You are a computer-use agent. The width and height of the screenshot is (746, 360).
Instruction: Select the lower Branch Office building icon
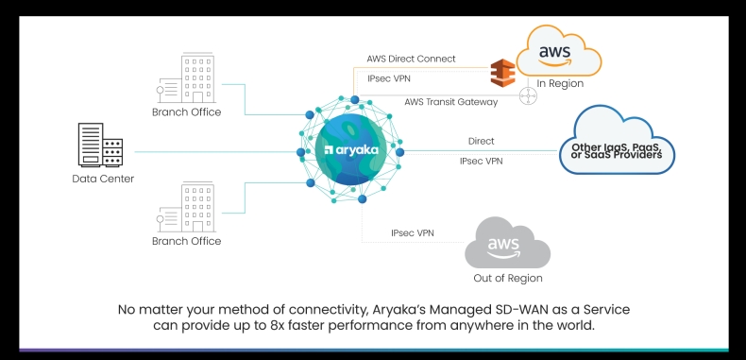[195, 207]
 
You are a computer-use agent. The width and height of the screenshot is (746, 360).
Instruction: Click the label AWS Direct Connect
[411, 59]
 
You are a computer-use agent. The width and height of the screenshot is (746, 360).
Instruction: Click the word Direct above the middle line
[481, 142]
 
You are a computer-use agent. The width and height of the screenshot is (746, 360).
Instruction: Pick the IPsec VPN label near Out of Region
[413, 233]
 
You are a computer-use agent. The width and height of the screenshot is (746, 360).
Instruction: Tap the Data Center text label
[103, 179]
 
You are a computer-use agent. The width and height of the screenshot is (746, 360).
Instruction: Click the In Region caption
[560, 83]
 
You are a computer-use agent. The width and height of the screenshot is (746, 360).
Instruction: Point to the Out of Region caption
[508, 279]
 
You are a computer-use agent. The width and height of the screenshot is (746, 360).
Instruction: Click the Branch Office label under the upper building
[186, 112]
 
